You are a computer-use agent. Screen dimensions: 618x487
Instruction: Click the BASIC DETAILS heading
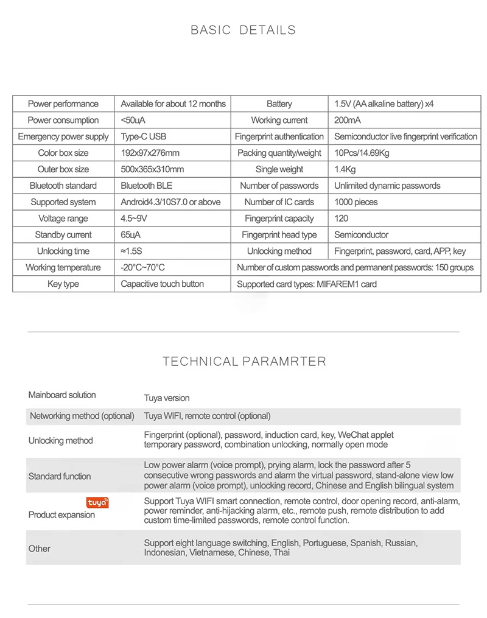[243, 30]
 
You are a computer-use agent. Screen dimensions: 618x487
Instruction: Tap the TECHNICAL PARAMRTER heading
[244, 362]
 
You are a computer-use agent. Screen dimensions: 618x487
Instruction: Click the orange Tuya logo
[97, 502]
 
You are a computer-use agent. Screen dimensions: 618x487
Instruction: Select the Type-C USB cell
[143, 137]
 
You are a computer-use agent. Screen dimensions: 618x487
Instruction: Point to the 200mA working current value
[348, 121]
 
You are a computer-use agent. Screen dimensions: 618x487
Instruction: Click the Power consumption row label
[63, 121]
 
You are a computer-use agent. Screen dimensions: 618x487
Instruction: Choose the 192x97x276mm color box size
[150, 153]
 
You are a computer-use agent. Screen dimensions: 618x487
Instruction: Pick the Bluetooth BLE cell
[146, 186]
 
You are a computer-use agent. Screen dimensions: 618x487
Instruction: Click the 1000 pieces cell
[356, 202]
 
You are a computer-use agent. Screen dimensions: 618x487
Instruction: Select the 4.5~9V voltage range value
[135, 219]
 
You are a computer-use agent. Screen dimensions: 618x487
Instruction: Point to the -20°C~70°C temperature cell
[142, 268]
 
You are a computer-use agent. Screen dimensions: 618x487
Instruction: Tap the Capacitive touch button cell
[162, 284]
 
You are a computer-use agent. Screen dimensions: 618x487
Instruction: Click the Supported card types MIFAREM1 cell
[307, 284]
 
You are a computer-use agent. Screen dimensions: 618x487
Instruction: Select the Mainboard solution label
[62, 395]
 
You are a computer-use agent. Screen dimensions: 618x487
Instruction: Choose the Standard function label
[60, 476]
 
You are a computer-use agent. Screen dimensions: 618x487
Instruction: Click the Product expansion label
[61, 515]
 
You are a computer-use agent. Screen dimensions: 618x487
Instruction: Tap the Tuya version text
[167, 398]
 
